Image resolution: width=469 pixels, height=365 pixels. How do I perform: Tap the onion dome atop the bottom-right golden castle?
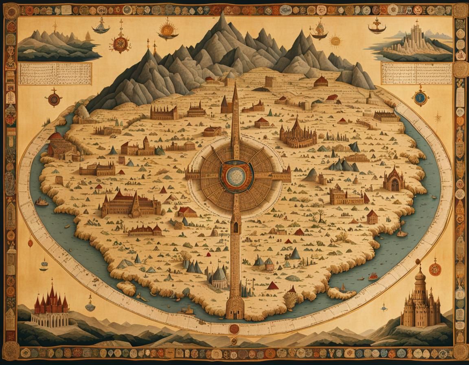[420, 276]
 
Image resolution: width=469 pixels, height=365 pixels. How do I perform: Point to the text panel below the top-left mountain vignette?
[55, 73]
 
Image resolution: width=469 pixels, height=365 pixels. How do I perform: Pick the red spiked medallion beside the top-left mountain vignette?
[121, 43]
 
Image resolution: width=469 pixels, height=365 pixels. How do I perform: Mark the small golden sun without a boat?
[335, 41]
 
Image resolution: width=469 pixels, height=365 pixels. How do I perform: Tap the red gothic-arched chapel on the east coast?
[394, 180]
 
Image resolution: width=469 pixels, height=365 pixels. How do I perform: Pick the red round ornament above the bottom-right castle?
[435, 269]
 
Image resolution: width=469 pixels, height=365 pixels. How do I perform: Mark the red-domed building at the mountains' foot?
[321, 81]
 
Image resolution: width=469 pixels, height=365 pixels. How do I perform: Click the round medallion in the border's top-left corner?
[11, 10]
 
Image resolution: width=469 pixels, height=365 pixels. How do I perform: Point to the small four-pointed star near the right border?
[438, 119]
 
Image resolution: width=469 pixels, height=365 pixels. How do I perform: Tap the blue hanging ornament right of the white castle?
[90, 305]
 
